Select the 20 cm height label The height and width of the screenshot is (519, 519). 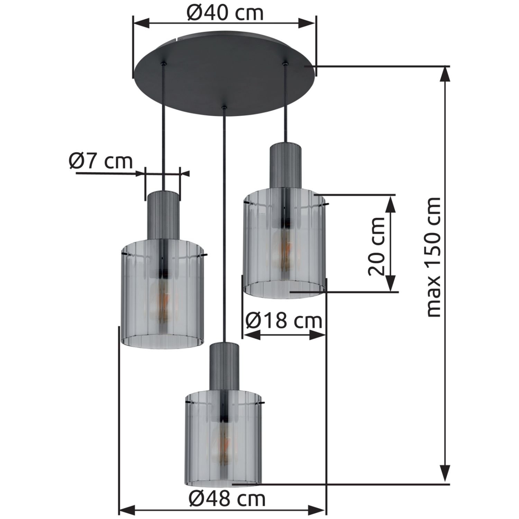(x=376, y=246)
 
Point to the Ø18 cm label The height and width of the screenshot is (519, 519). (x=284, y=321)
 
